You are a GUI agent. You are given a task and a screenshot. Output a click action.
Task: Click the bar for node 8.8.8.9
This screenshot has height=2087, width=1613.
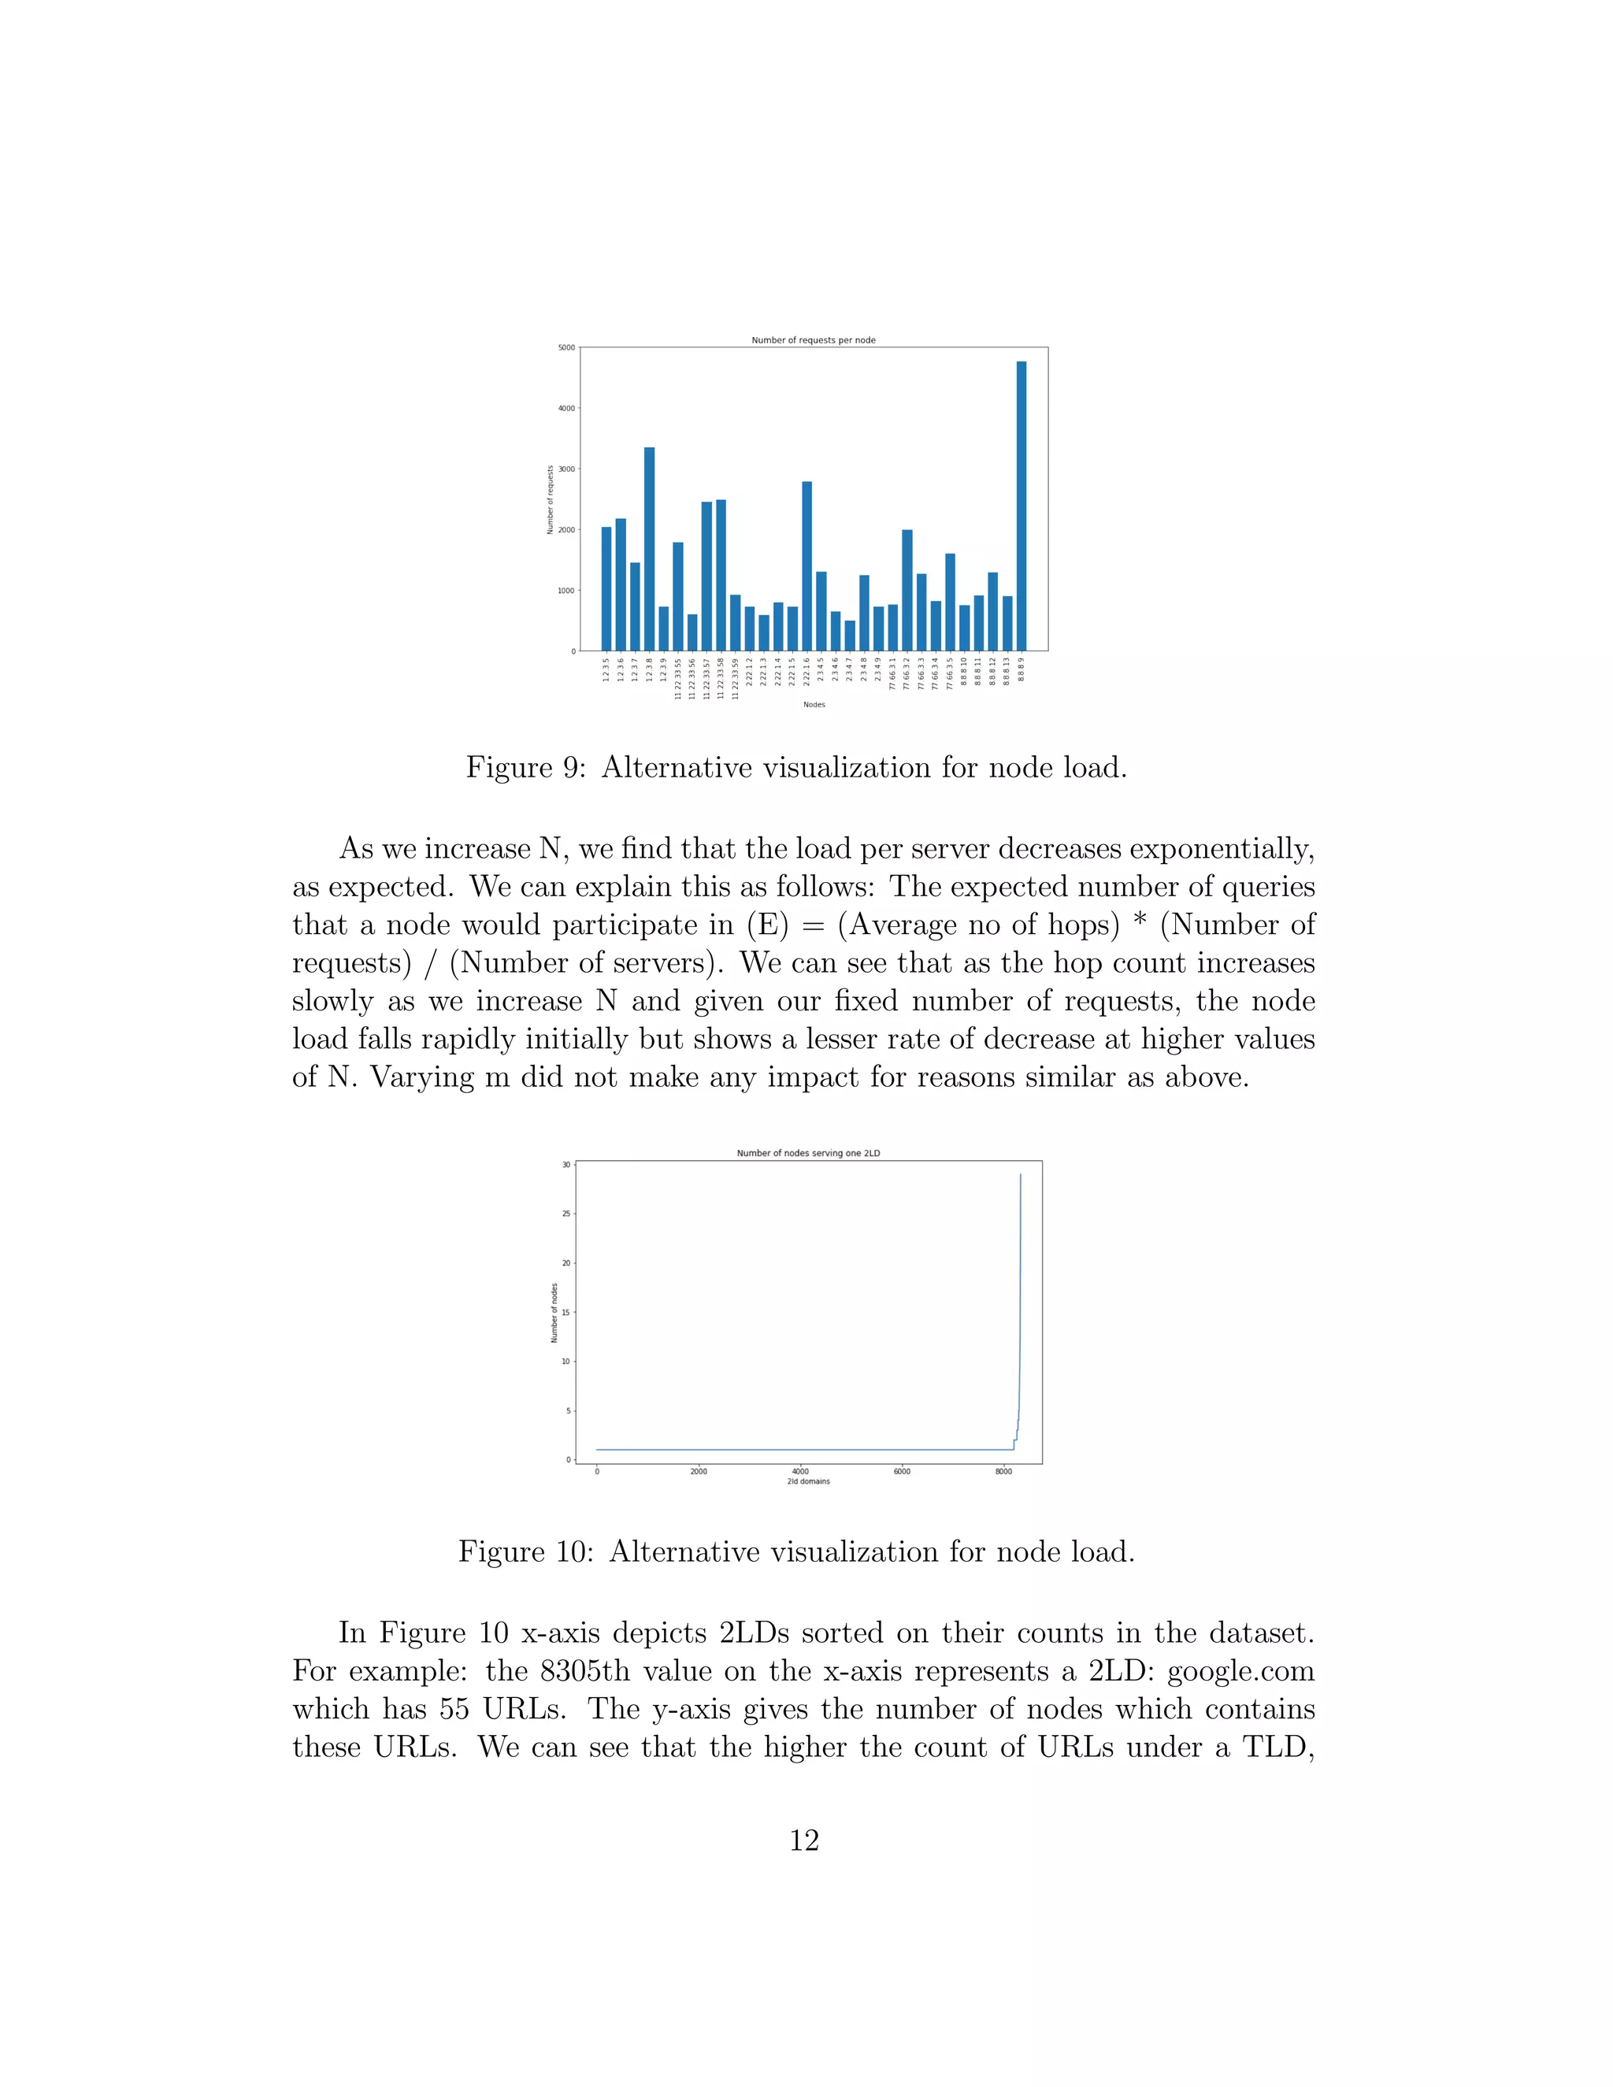pos(1022,506)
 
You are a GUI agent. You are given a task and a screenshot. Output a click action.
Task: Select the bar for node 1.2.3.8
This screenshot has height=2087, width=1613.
pos(649,550)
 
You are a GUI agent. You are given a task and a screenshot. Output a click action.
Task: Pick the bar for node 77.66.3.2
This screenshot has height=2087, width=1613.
pos(907,591)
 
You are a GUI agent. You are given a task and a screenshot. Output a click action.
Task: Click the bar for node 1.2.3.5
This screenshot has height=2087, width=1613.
pos(606,588)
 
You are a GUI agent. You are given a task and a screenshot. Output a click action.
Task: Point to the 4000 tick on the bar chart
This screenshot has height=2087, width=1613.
pos(566,409)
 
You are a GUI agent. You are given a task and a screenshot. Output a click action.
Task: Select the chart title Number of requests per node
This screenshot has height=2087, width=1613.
pos(813,340)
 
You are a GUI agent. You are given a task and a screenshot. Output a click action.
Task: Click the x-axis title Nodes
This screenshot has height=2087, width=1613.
pos(814,705)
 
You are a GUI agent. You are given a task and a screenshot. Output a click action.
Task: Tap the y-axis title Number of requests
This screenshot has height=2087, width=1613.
pos(551,500)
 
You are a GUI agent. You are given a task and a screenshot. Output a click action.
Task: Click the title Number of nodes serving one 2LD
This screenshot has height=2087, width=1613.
pos(808,1154)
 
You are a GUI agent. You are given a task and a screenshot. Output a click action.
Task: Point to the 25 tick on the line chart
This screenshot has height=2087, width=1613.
pos(565,1214)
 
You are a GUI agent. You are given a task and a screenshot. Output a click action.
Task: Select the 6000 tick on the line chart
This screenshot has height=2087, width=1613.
pos(901,1472)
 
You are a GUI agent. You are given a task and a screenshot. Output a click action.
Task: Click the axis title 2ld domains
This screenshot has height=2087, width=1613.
pos(808,1482)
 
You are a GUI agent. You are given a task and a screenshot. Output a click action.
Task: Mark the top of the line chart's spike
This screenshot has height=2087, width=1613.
pos(1021,1175)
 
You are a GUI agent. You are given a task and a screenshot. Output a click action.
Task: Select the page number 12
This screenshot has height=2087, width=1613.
pos(805,1840)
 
